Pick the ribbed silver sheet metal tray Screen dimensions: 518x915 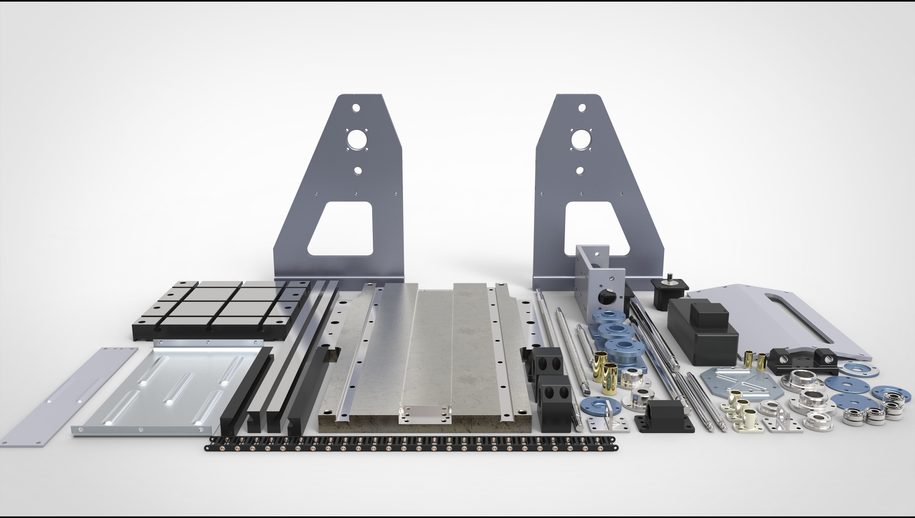click(167, 388)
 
